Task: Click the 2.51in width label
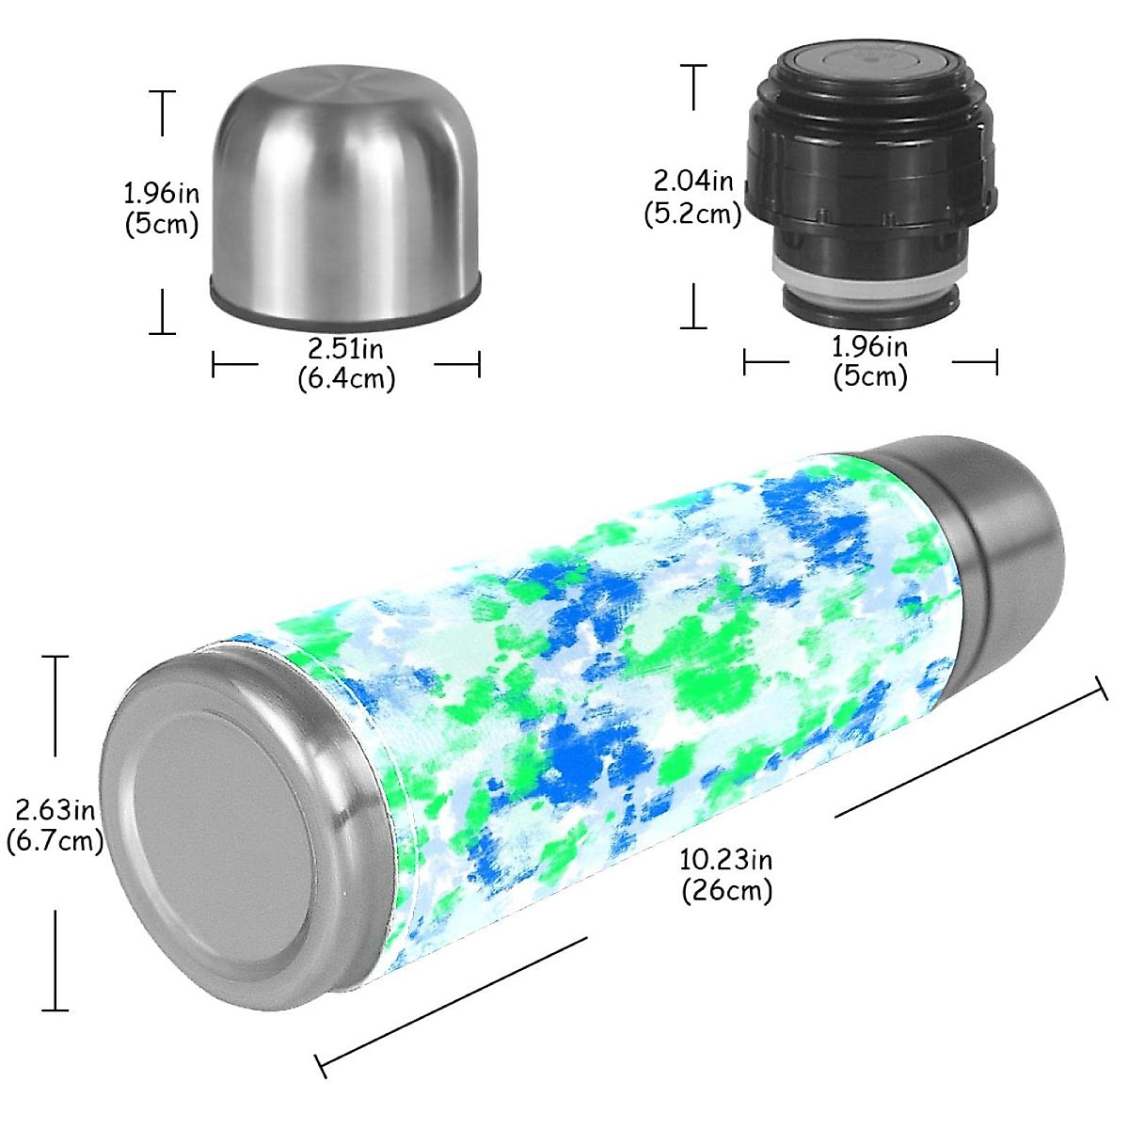tap(346, 348)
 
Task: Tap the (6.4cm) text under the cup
tap(346, 378)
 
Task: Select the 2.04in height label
tap(693, 179)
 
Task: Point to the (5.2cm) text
tap(693, 214)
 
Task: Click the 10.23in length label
tap(726, 859)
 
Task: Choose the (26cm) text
tap(726, 889)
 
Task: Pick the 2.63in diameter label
tap(55, 808)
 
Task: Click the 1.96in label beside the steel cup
tap(162, 194)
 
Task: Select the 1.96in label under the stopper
tap(870, 346)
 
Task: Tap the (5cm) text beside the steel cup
tap(162, 224)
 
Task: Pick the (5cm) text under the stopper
tap(870, 376)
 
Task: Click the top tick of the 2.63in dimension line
tap(56, 657)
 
